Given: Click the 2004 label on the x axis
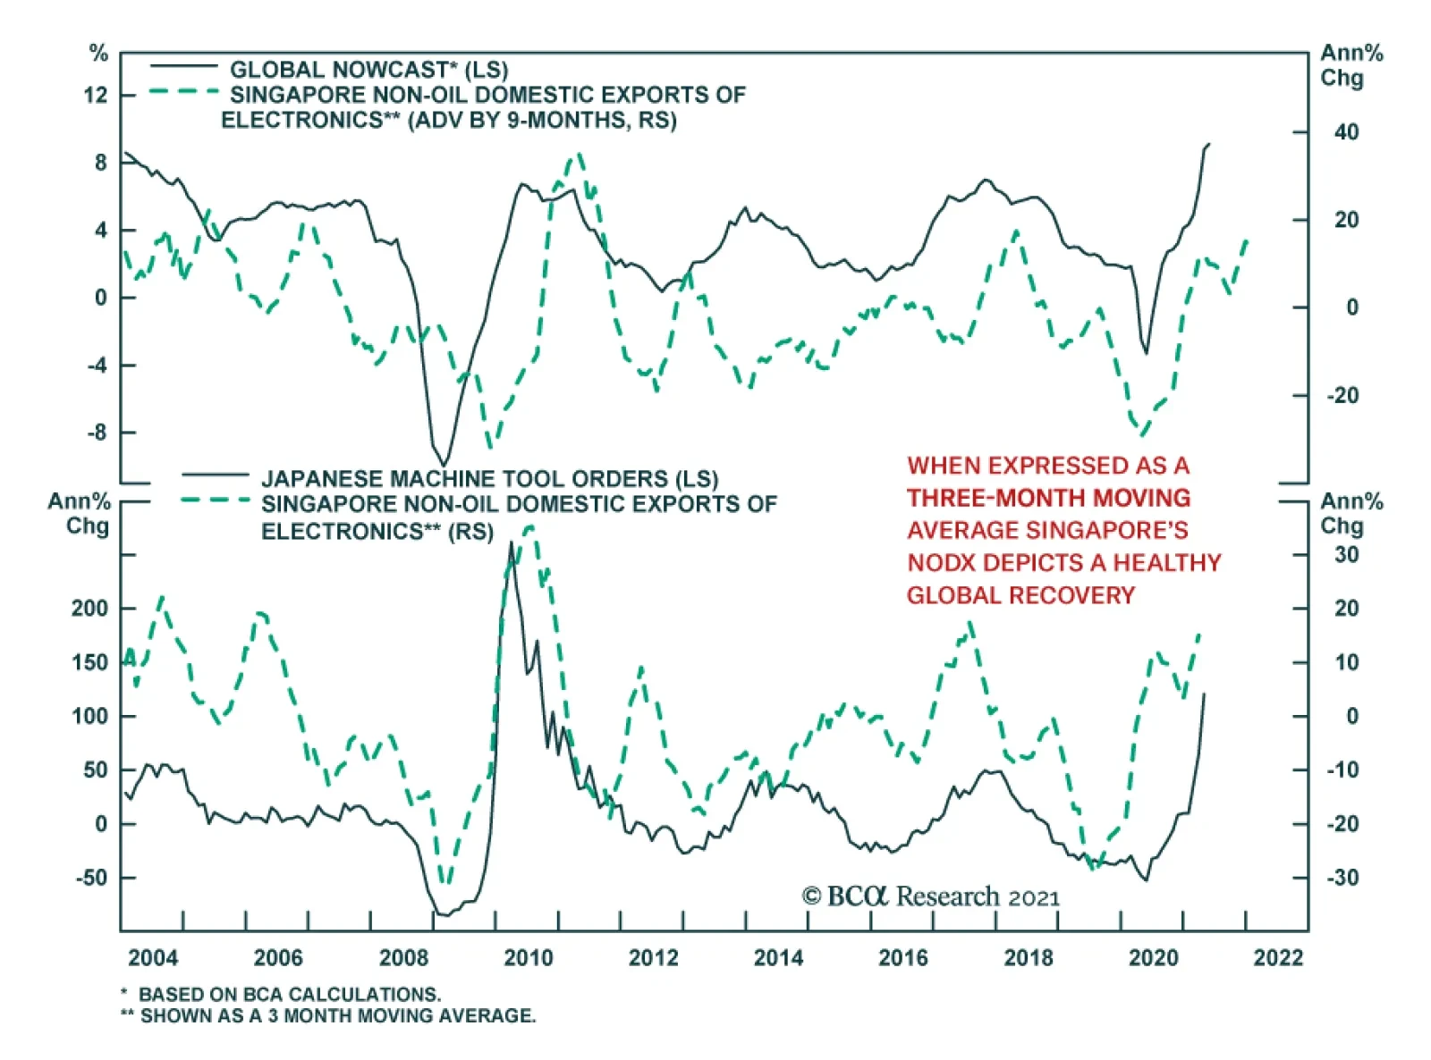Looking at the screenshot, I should [153, 958].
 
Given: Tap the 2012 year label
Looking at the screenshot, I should [653, 958].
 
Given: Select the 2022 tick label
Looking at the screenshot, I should [1278, 958].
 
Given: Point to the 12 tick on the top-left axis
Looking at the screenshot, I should [96, 95].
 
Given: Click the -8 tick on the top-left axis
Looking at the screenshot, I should [96, 433].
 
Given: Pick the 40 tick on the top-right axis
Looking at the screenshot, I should [1345, 132].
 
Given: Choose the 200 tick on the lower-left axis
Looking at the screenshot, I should [89, 609].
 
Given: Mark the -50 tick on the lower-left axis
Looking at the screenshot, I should [91, 878].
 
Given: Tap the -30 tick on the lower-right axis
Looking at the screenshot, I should [1342, 878].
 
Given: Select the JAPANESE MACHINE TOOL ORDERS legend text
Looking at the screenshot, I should [489, 479].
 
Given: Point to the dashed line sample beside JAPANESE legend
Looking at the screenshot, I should [215, 501].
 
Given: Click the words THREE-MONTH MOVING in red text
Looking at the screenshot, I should [1048, 498].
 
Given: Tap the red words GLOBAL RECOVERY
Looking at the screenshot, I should [1020, 595].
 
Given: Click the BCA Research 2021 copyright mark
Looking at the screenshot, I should [930, 896].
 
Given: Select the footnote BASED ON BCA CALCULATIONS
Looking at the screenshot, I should [289, 994].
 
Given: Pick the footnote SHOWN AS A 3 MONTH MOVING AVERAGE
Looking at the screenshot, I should [337, 1016].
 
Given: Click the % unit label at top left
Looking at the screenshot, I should [98, 54].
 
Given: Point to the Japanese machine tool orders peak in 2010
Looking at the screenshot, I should [511, 542].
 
